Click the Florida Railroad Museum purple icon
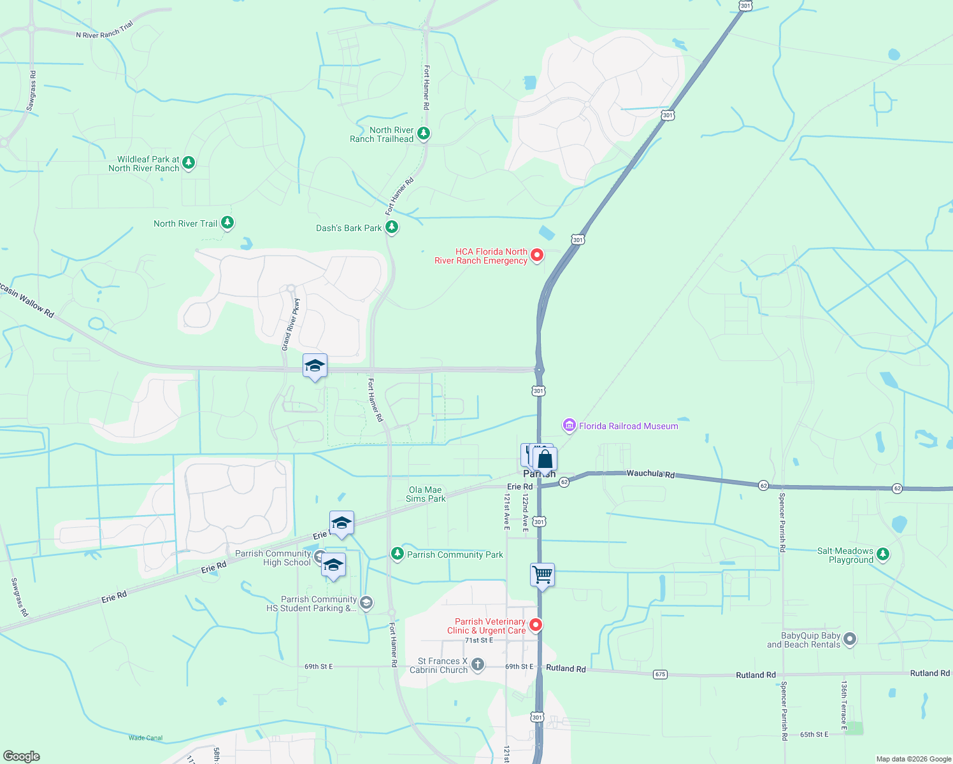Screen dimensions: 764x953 click(x=569, y=425)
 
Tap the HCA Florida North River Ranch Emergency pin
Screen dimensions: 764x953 click(x=537, y=255)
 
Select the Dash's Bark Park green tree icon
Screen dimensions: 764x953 click(x=392, y=227)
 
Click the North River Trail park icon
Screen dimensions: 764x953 click(x=227, y=223)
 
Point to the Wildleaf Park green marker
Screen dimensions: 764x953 click(x=188, y=163)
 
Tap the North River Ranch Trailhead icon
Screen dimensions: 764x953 click(x=424, y=134)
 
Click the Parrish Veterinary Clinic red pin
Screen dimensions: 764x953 click(x=536, y=625)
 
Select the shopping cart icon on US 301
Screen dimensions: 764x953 click(x=542, y=575)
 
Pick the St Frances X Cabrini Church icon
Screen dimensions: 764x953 click(x=478, y=665)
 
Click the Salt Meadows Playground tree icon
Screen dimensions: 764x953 click(x=882, y=555)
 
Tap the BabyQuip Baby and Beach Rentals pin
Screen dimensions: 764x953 click(x=850, y=639)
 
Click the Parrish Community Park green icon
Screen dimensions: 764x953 click(x=398, y=554)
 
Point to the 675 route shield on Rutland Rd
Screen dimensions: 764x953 click(x=660, y=674)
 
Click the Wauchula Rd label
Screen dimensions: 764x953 click(x=650, y=474)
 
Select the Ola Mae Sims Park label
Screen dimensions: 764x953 click(x=426, y=494)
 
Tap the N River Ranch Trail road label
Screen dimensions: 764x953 click(x=104, y=31)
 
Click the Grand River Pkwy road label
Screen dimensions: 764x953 click(x=291, y=324)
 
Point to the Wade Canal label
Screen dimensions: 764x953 click(x=145, y=738)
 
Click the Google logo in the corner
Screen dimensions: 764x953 click(x=21, y=756)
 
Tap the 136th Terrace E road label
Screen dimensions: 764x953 click(x=843, y=704)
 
